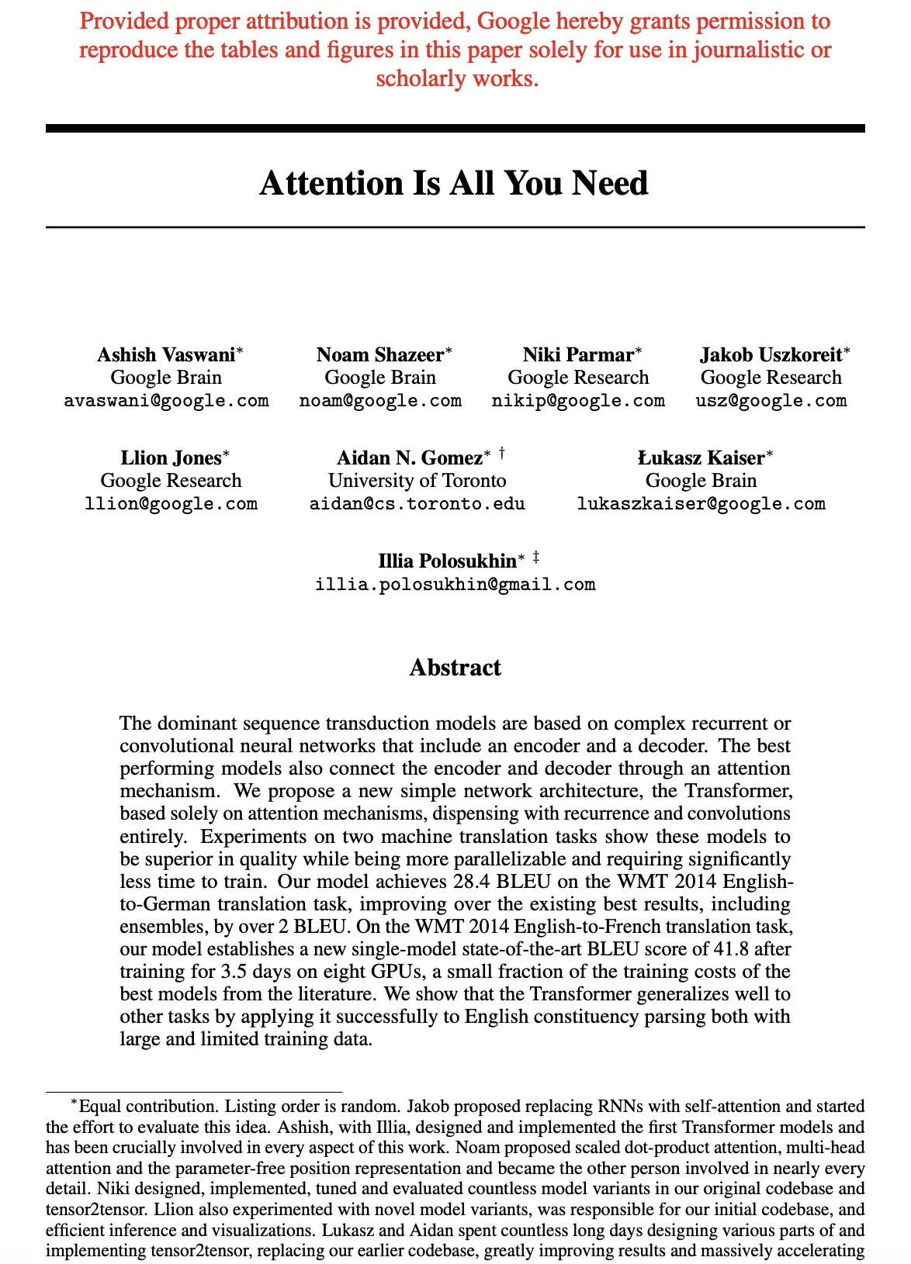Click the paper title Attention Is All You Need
point(454,184)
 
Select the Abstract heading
point(455,668)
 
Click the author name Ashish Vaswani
point(166,355)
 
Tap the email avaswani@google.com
point(166,401)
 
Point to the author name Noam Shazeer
point(380,355)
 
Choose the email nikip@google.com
point(578,401)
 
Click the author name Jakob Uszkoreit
point(771,355)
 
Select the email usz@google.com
point(771,401)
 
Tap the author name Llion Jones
point(171,458)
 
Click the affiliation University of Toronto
point(417,481)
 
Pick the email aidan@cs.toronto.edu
point(417,504)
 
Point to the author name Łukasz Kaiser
point(701,458)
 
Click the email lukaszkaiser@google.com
point(701,504)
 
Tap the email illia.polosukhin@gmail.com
point(455,585)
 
